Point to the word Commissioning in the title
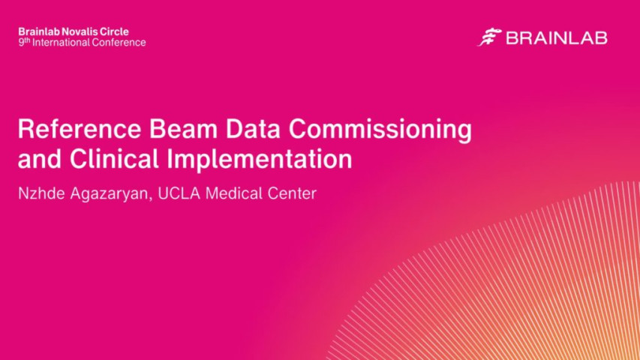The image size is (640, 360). click(x=381, y=130)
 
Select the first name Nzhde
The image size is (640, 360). click(x=41, y=193)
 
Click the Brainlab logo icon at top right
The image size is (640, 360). click(x=489, y=37)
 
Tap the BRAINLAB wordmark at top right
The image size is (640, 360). click(x=557, y=37)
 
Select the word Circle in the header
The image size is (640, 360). click(x=113, y=31)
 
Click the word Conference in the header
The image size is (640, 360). click(x=119, y=43)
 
